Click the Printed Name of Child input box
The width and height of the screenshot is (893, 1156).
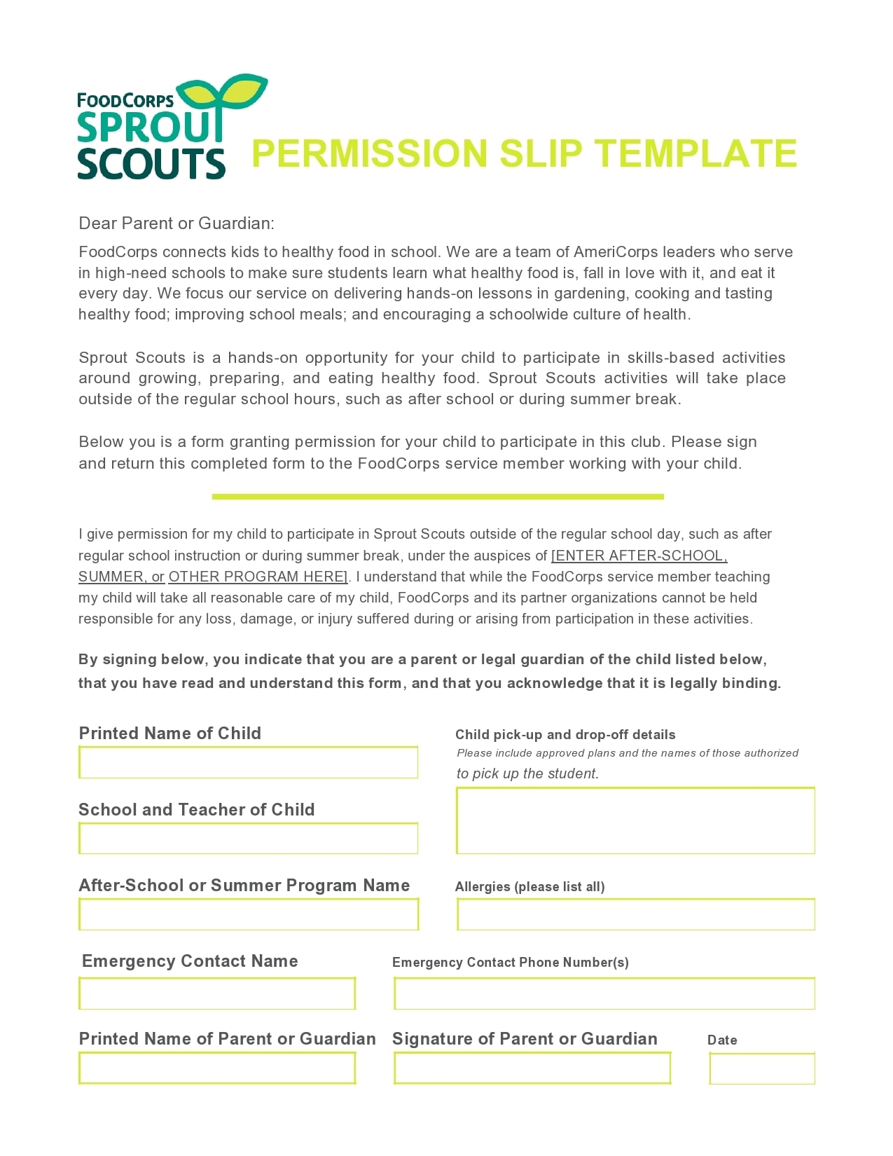click(248, 762)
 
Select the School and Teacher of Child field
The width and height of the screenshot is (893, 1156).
click(248, 838)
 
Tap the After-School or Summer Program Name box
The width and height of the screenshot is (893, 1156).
click(248, 914)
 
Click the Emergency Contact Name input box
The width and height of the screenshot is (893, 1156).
click(217, 993)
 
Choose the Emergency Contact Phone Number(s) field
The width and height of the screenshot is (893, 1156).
click(604, 993)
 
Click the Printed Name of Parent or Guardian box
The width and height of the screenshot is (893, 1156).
click(217, 1068)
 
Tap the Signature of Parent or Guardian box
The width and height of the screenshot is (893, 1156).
click(532, 1068)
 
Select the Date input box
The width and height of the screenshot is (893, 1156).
click(762, 1068)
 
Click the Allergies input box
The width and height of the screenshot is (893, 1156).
click(635, 914)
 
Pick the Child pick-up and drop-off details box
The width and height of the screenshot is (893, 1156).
click(635, 820)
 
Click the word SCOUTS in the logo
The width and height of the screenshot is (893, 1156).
click(151, 163)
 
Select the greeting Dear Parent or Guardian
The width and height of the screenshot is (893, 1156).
click(176, 223)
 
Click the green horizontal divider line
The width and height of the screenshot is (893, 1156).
click(438, 497)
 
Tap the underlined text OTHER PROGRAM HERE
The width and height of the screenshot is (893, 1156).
click(257, 577)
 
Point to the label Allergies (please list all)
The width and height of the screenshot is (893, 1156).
click(529, 886)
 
